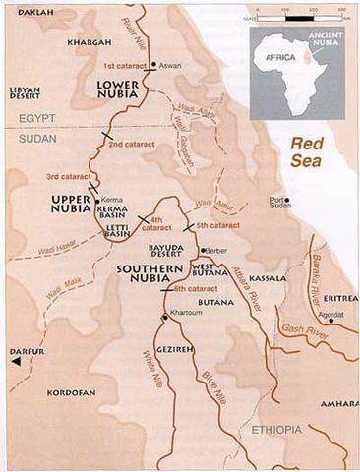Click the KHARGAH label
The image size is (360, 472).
[87, 42]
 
